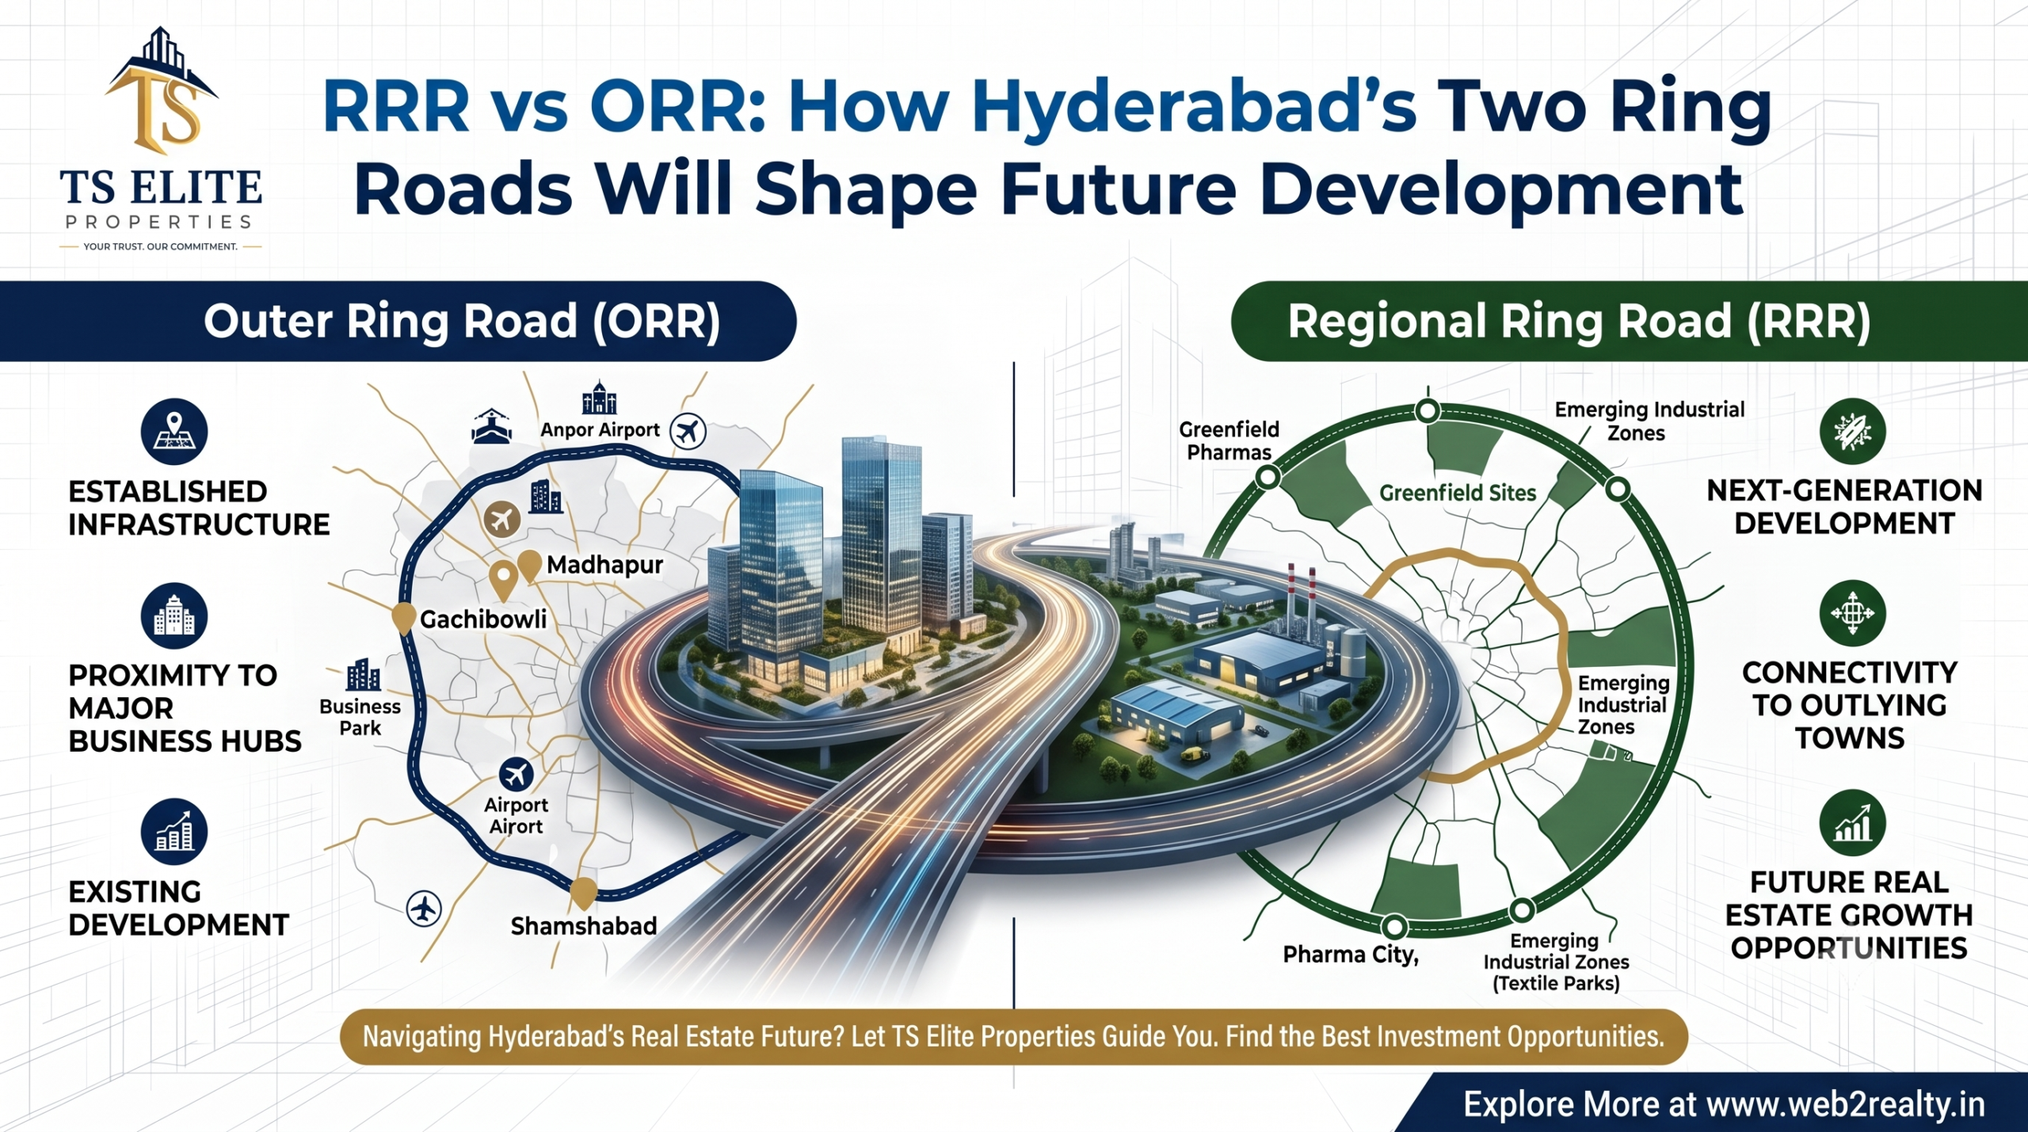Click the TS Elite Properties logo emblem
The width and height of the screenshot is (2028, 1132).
tap(162, 91)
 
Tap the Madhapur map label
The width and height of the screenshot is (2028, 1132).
tap(604, 566)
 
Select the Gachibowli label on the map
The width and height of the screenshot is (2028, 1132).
tap(483, 619)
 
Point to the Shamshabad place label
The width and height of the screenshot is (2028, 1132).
tap(584, 926)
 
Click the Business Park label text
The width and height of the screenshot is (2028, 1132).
tap(360, 717)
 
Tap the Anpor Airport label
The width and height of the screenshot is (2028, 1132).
tap(600, 430)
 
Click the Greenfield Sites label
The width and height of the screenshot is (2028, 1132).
tap(1458, 494)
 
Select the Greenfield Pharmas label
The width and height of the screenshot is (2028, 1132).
tap(1229, 441)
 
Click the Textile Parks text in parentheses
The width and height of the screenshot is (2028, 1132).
tap(1556, 984)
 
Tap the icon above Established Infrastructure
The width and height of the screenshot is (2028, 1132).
tap(174, 432)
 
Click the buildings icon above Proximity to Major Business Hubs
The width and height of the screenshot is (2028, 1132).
tap(174, 616)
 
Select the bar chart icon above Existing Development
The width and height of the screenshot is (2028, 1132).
tap(174, 832)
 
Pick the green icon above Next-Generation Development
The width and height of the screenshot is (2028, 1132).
tap(1852, 431)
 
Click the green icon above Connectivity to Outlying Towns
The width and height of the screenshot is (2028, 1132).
tap(1852, 613)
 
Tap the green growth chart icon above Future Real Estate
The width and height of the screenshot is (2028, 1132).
tap(1852, 824)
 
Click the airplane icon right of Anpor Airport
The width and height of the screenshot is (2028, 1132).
tap(688, 432)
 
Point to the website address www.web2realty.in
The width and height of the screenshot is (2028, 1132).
tap(1846, 1104)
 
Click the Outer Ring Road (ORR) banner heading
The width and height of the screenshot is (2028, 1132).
tap(462, 322)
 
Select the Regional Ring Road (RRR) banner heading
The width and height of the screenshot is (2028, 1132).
tap(1579, 322)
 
